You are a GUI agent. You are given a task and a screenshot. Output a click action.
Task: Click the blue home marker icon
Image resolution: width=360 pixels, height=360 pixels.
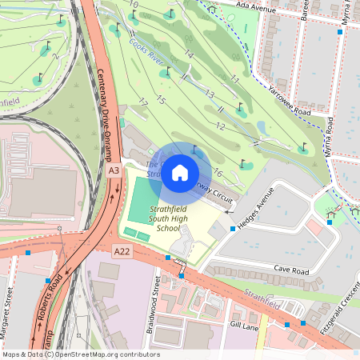(x=180, y=172)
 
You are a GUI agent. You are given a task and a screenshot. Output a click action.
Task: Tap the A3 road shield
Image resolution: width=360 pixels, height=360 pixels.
(x=114, y=170)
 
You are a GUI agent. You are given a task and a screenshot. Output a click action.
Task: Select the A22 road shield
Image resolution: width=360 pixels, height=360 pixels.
(x=122, y=251)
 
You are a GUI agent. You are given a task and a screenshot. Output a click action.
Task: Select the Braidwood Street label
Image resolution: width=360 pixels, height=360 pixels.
(x=158, y=294)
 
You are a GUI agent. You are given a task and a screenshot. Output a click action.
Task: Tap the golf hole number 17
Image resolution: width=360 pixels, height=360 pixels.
(x=142, y=102)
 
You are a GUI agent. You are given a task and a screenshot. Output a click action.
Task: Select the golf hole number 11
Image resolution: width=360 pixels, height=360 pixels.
(x=234, y=79)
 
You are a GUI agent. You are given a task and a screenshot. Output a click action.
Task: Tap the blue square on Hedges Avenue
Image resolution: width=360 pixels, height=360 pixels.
(x=232, y=229)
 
